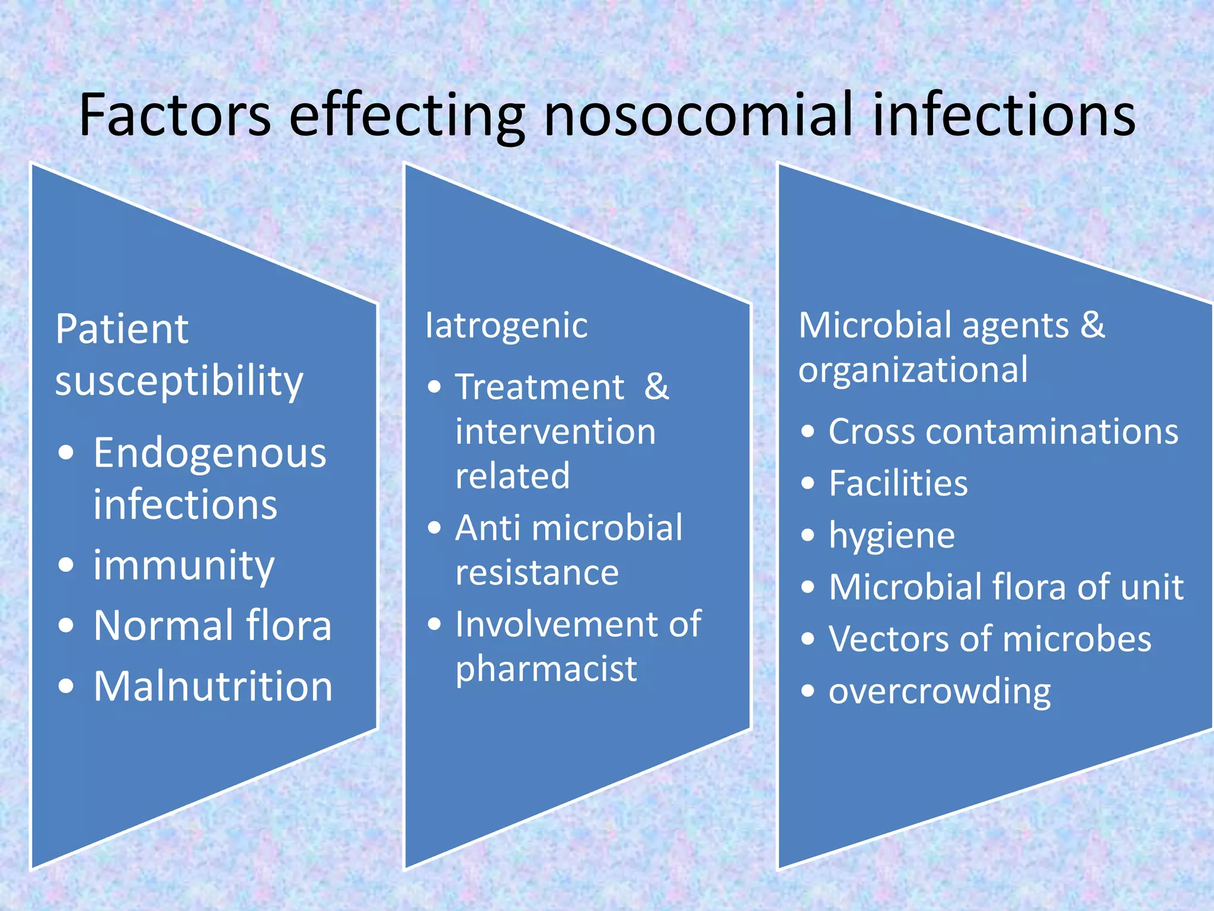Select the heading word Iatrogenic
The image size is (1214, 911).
(506, 326)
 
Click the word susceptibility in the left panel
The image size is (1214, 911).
(179, 381)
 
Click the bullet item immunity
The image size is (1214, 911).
(184, 565)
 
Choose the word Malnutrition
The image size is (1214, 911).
(213, 686)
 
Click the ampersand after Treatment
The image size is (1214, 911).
(656, 387)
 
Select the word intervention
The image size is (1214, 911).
(555, 432)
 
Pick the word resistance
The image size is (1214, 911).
(537, 573)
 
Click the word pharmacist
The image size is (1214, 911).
(546, 670)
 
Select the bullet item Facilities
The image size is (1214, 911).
(898, 483)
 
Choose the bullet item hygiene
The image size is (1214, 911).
(892, 536)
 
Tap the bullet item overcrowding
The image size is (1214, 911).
(940, 692)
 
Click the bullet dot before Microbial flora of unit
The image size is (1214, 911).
(808, 587)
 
